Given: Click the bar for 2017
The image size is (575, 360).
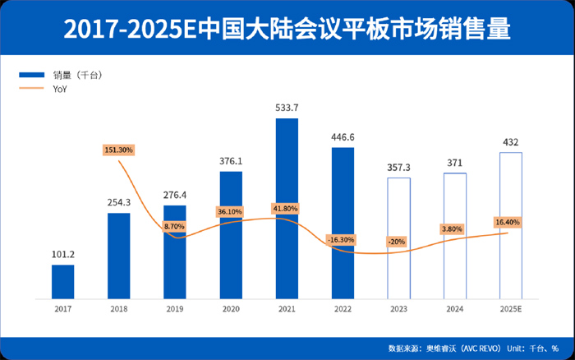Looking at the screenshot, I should pyautogui.click(x=62, y=281).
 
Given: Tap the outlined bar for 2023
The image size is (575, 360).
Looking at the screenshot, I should pyautogui.click(x=398, y=238).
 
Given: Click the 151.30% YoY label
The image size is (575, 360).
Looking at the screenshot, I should pyautogui.click(x=119, y=150).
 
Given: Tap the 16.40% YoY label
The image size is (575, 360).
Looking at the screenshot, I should pyautogui.click(x=506, y=222).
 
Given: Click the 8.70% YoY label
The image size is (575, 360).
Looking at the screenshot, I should pyautogui.click(x=174, y=226).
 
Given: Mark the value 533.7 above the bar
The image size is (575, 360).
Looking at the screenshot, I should pyautogui.click(x=287, y=108).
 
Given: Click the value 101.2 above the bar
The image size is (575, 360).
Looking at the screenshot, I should pyautogui.click(x=62, y=254).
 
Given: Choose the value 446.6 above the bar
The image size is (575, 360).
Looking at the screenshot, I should pyautogui.click(x=343, y=137).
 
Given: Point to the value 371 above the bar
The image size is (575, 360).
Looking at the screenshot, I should pyautogui.click(x=454, y=163).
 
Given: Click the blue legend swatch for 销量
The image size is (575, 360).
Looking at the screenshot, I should pyautogui.click(x=35, y=75).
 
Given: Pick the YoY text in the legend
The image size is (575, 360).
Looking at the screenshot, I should pyautogui.click(x=60, y=89).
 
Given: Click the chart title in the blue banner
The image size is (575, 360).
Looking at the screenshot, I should pyautogui.click(x=287, y=30).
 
